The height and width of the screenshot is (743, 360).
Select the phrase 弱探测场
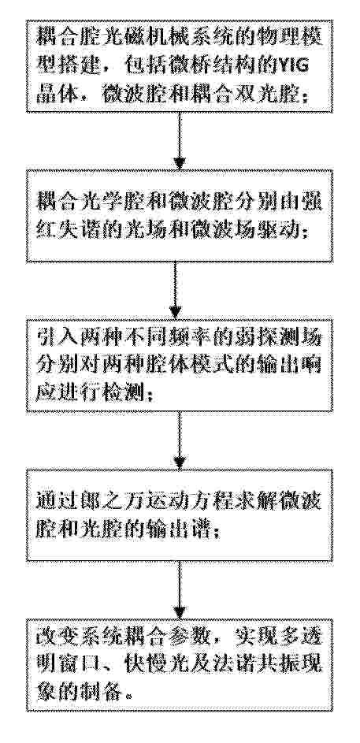tap(284, 337)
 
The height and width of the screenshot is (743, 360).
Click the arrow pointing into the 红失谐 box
tap(179, 141)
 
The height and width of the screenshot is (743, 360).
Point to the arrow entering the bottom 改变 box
tap(180, 590)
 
